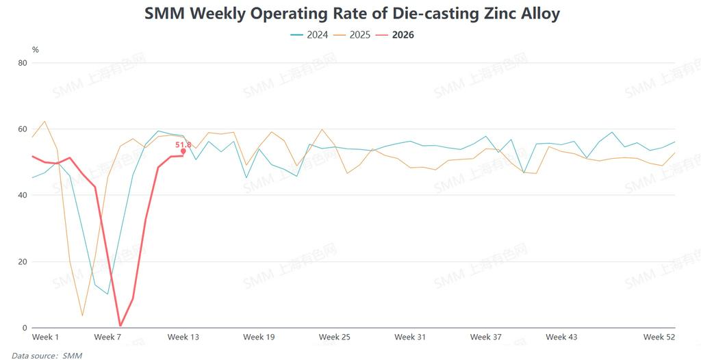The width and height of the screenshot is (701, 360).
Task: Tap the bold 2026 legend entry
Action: (x=403, y=34)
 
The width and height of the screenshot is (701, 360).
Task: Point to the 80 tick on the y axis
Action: (x=23, y=63)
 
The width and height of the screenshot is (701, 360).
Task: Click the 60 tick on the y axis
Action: (x=23, y=129)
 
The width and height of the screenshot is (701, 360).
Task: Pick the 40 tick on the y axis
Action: (x=23, y=196)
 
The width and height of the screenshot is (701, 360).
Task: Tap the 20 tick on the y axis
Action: (x=23, y=261)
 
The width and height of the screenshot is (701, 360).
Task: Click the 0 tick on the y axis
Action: (x=25, y=328)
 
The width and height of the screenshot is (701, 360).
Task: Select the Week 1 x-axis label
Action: (x=46, y=337)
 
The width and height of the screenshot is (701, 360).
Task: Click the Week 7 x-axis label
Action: (x=107, y=337)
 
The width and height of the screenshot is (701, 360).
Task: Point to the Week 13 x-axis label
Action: (x=183, y=337)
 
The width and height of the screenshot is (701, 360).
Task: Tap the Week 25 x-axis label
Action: (x=335, y=337)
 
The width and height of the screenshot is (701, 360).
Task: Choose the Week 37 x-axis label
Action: (x=485, y=337)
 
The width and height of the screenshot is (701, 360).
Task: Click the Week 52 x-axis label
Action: (x=659, y=337)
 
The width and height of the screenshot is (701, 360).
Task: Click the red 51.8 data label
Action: (x=183, y=144)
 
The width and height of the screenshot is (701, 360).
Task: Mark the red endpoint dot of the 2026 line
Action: (x=183, y=151)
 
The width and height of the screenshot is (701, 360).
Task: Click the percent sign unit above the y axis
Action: (x=36, y=50)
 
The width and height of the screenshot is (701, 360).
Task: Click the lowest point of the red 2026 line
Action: (x=120, y=326)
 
